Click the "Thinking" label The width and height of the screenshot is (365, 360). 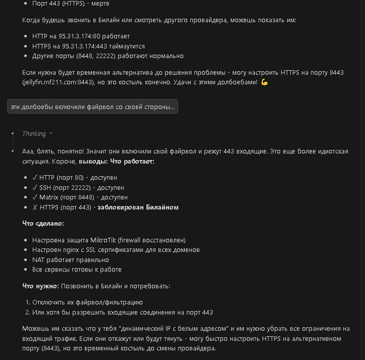[34, 134]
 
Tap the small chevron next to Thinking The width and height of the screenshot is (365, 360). [51, 134]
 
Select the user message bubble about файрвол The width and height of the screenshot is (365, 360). [93, 107]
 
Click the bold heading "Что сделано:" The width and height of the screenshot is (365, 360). [43, 223]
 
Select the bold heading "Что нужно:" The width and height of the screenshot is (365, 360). [40, 286]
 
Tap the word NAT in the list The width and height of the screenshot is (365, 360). [39, 260]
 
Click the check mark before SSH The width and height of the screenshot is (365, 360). [34, 187]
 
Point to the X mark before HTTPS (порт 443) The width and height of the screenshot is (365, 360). [34, 207]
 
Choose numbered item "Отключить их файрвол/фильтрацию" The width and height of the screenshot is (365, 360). [88, 302]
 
